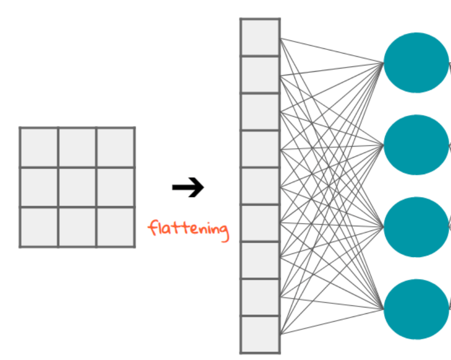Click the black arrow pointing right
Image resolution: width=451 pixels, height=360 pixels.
tap(188, 187)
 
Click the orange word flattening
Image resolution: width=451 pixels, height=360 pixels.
tap(189, 229)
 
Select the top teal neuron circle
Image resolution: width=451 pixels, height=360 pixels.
tap(417, 63)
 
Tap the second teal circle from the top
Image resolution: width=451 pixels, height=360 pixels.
tap(417, 145)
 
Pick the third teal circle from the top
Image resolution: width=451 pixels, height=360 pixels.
tap(417, 227)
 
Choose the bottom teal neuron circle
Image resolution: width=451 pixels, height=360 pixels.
tap(417, 309)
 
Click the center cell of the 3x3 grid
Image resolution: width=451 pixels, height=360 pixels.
tap(77, 187)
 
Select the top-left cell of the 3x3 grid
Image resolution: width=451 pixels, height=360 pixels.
tap(39, 147)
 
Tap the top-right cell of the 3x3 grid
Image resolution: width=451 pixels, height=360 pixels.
tap(116, 147)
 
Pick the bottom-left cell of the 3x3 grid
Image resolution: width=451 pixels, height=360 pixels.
tap(39, 227)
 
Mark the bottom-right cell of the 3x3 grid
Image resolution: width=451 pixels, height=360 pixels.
tap(116, 227)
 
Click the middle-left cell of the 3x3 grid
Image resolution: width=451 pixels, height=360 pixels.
tap(39, 187)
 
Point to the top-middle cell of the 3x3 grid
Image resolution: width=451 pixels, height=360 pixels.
tap(77, 147)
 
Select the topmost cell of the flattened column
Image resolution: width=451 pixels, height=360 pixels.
tap(260, 37)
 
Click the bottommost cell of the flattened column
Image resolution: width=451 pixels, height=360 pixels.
tap(260, 334)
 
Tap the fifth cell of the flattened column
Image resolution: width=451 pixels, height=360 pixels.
tap(260, 186)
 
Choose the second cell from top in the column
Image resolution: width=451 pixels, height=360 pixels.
tap(260, 74)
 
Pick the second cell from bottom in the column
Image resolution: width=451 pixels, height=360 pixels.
tap(260, 297)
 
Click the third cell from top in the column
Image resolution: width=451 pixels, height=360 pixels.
tap(260, 112)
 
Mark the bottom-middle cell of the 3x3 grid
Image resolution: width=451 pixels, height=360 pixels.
tap(77, 227)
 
